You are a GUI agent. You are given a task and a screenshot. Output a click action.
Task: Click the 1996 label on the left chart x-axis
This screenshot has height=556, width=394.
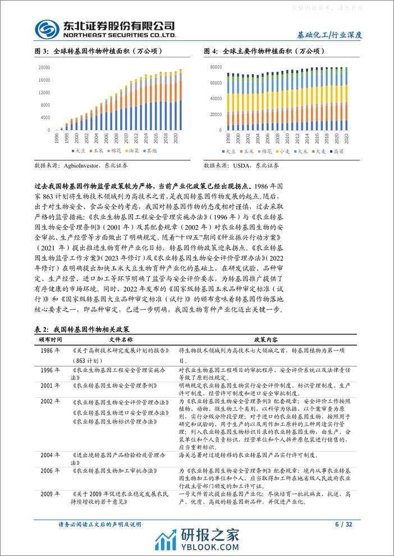point(57,139)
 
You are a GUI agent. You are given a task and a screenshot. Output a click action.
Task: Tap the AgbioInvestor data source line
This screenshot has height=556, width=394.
point(81,166)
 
